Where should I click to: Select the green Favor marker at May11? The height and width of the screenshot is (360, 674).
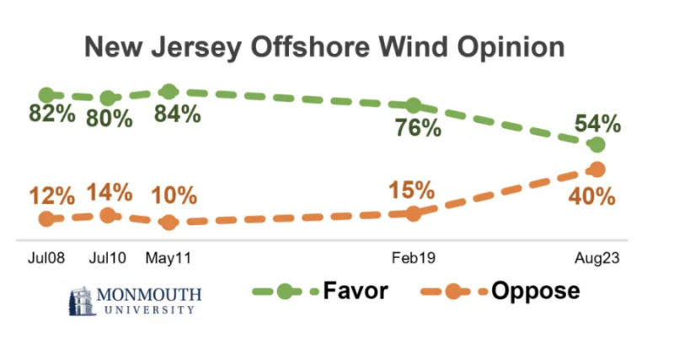point(168,92)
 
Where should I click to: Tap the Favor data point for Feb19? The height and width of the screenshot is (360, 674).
point(413,105)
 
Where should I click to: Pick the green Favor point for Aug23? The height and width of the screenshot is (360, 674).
point(597,145)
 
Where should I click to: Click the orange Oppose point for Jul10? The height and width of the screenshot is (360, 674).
point(107,215)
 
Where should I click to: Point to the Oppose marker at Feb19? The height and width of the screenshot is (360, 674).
point(413,213)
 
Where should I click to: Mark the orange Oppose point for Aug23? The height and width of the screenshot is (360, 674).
point(597,169)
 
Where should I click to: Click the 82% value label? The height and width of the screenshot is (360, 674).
point(51,116)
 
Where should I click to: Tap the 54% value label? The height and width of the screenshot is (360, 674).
point(597,124)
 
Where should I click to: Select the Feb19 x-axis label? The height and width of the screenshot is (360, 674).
point(412,257)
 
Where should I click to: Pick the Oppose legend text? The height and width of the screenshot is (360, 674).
point(536,291)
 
